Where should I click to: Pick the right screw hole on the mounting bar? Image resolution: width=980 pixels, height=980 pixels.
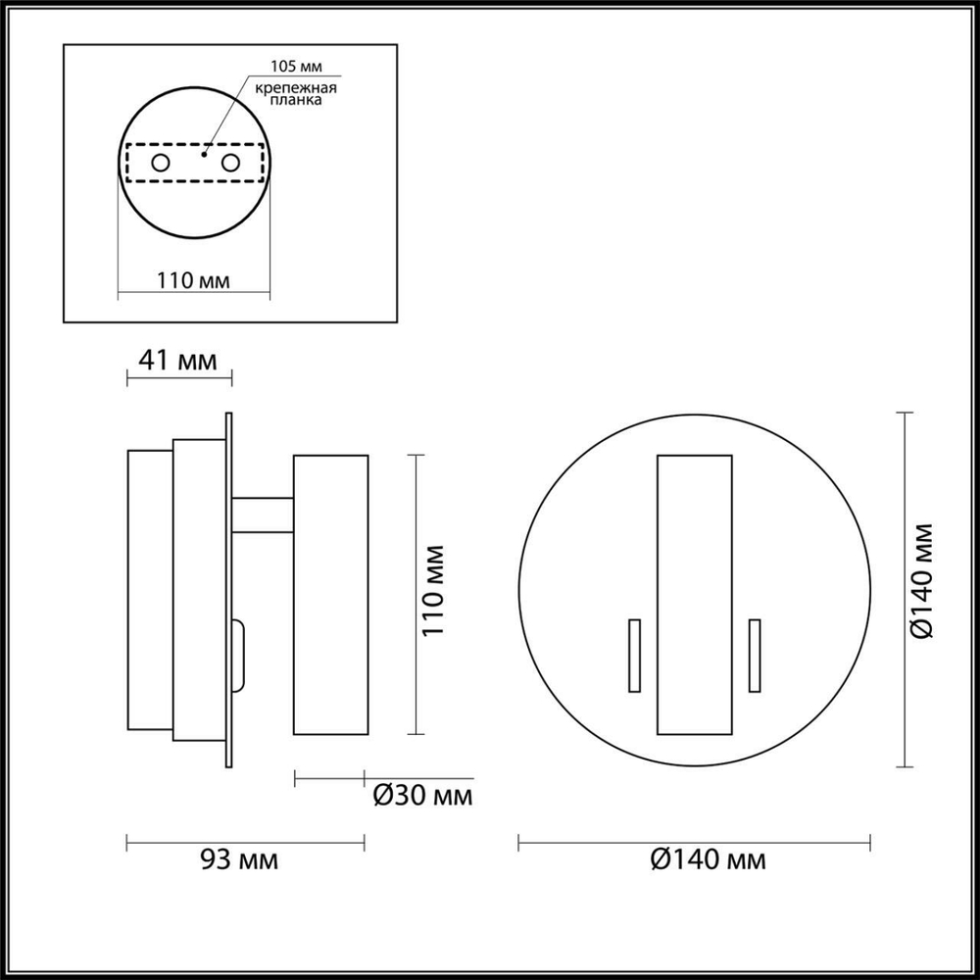(x=231, y=163)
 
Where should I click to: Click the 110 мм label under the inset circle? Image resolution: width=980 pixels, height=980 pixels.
(x=194, y=281)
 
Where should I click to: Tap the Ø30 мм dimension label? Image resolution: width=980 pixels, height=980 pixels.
(x=423, y=795)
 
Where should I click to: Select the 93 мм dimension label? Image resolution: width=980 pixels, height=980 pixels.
(x=238, y=860)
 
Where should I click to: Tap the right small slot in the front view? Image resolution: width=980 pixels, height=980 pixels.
(x=755, y=656)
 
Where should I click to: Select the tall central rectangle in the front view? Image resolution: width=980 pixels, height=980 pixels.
(x=695, y=595)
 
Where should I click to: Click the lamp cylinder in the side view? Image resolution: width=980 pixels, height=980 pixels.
(x=330, y=594)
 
